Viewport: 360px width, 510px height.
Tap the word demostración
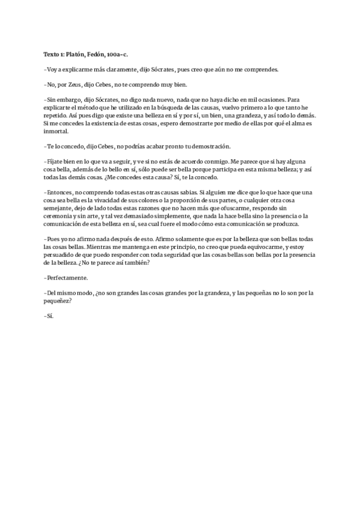coord(217,146)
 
